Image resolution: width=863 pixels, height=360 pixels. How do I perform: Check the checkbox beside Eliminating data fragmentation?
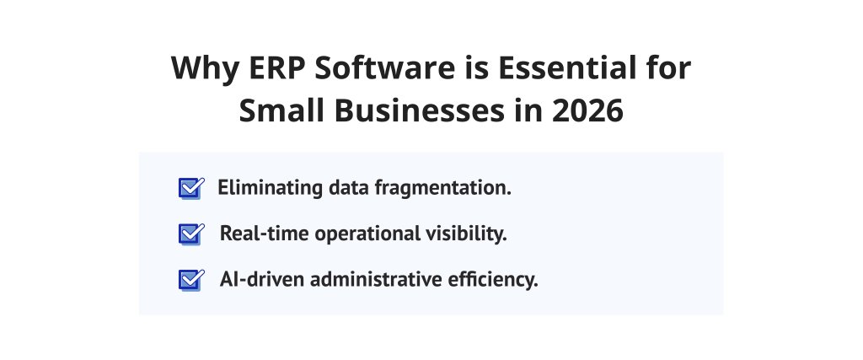point(190,188)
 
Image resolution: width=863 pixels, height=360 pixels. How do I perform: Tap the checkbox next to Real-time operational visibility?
point(190,234)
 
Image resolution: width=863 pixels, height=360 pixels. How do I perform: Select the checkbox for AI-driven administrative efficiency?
point(190,280)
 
